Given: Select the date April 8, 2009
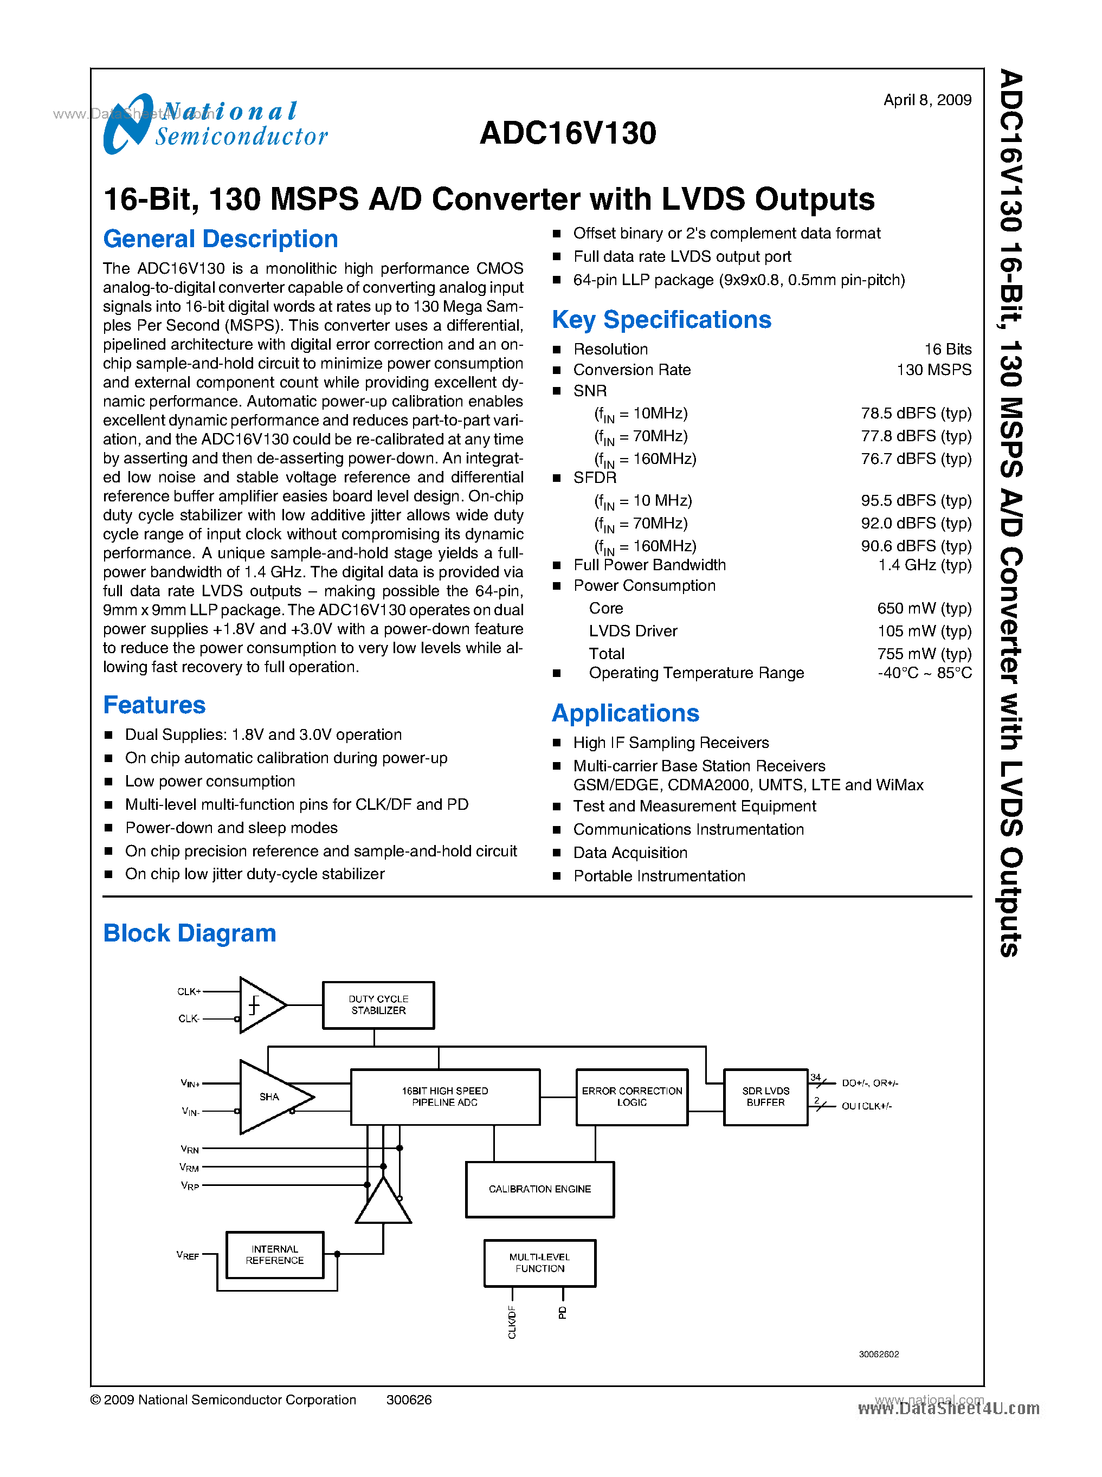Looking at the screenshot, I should click(x=926, y=100).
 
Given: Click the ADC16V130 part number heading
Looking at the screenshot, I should click(x=568, y=133).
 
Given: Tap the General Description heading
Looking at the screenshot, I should click(x=220, y=239).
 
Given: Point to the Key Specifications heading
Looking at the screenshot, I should click(x=661, y=320).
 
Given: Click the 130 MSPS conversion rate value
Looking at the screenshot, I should click(x=933, y=370).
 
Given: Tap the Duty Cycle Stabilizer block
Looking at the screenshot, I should click(x=378, y=1005).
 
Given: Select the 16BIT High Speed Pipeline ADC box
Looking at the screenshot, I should click(x=445, y=1097).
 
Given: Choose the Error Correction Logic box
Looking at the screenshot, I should click(x=631, y=1097).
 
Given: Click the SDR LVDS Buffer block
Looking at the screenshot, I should click(x=765, y=1097).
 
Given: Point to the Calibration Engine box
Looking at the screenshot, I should click(x=540, y=1189).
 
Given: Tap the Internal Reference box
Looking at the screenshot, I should click(x=275, y=1254).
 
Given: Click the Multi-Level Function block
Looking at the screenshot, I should click(x=540, y=1262).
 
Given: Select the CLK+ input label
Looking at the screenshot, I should click(x=189, y=991).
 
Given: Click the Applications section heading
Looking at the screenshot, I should click(x=625, y=713).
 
